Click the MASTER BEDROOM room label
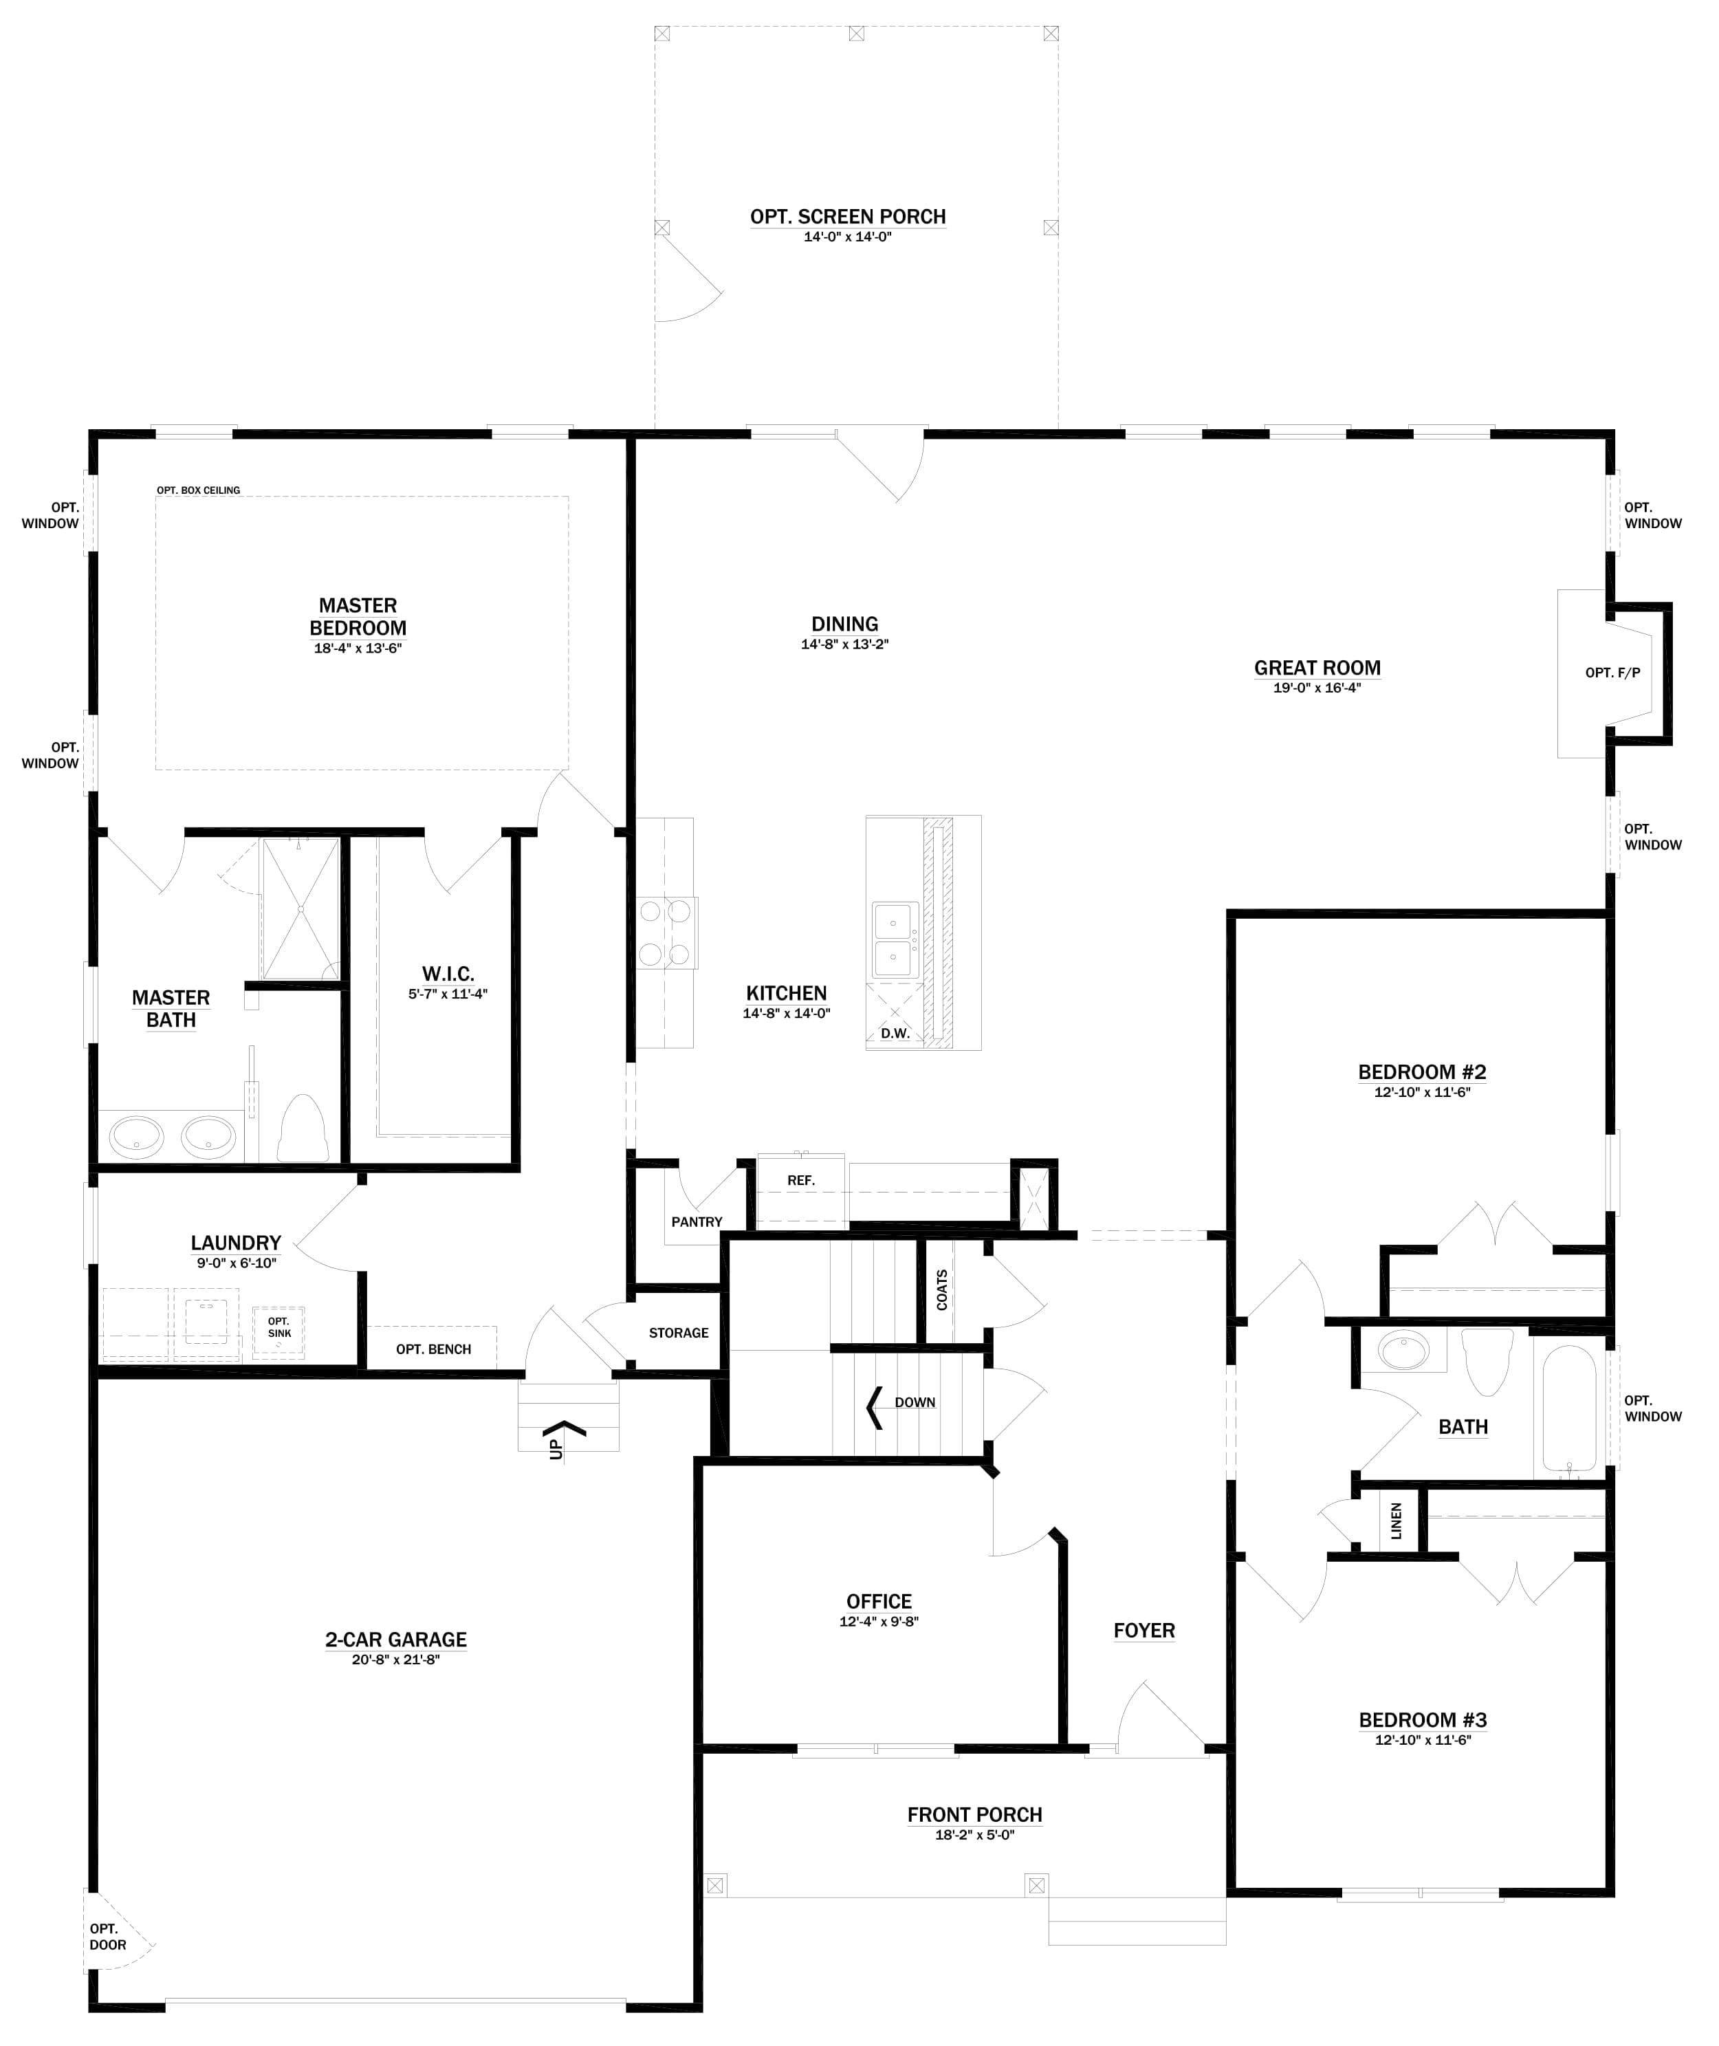[358, 616]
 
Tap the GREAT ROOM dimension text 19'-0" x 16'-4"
[1317, 688]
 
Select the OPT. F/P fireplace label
[1613, 673]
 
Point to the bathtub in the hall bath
[1569, 1408]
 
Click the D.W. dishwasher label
[895, 1033]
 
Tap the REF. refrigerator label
[801, 1180]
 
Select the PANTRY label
[697, 1222]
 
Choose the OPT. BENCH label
[434, 1349]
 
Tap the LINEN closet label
[1395, 1521]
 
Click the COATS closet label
[941, 1289]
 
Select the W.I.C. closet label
[448, 974]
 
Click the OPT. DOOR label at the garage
[107, 1937]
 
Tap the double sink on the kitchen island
[895, 939]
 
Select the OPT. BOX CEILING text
[199, 490]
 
